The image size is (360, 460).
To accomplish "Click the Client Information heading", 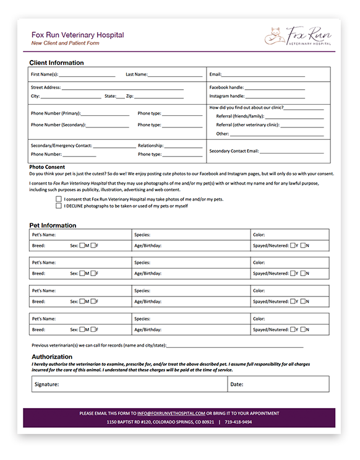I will (56, 63).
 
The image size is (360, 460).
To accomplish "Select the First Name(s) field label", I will (45, 74).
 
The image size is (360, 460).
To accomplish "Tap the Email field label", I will (215, 74).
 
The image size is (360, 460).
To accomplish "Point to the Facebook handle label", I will (226, 88).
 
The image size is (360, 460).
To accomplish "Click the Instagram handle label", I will (226, 97).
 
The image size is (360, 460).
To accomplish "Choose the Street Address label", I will (46, 88).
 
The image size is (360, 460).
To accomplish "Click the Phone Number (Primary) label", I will (55, 113).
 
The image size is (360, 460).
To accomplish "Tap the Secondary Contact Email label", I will (242, 150).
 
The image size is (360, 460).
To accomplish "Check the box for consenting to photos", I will (59, 199).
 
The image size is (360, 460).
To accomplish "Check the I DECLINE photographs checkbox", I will (59, 206).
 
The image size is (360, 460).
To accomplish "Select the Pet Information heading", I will (54, 225).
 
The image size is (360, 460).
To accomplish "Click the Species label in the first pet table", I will (142, 235).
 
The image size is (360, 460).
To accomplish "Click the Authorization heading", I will (52, 357).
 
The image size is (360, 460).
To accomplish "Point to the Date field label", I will (237, 384).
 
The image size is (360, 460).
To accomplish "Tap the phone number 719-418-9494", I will (238, 422).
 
